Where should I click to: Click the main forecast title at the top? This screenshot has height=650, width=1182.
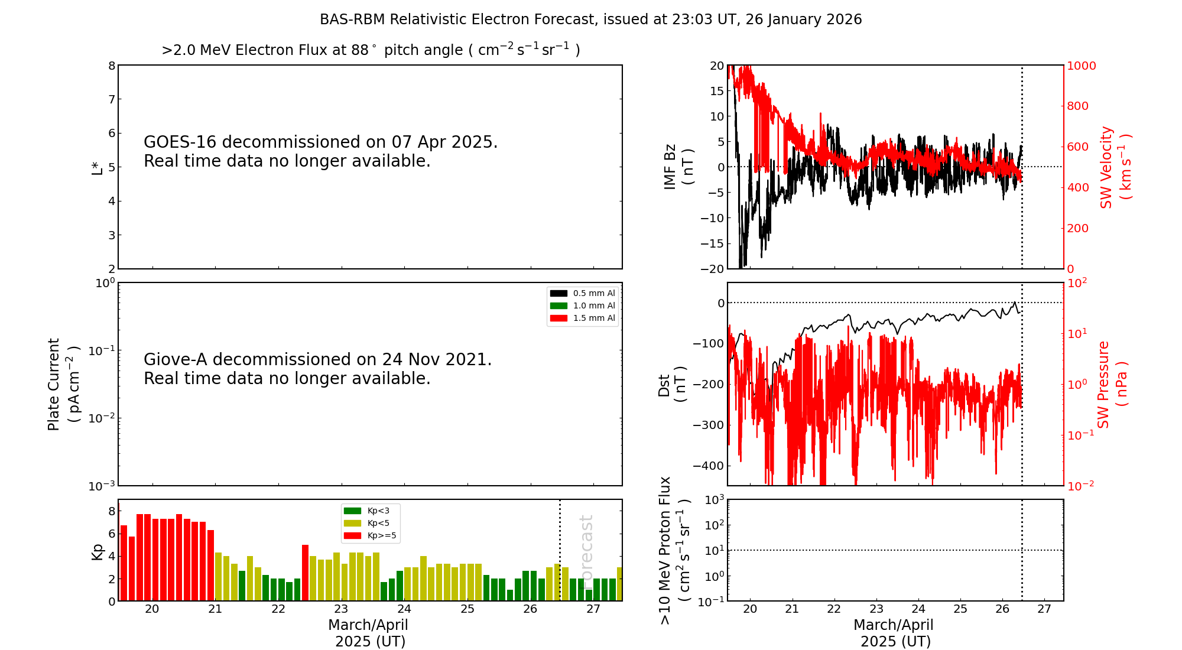tap(590, 19)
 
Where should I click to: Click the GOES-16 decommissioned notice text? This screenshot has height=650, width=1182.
tap(320, 151)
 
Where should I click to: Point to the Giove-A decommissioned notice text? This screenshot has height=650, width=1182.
tap(317, 369)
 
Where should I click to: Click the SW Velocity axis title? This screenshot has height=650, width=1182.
tap(1115, 167)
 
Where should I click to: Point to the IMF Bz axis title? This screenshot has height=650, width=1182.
tap(678, 167)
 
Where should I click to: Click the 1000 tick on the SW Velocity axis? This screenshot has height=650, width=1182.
tap(1081, 66)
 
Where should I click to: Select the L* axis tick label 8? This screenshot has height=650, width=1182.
tap(112, 66)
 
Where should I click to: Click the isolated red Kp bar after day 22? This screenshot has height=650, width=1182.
tap(305, 572)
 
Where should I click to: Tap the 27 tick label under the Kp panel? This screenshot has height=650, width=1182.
tap(593, 609)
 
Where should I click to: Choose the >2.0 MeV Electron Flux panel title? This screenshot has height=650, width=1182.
tap(371, 50)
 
